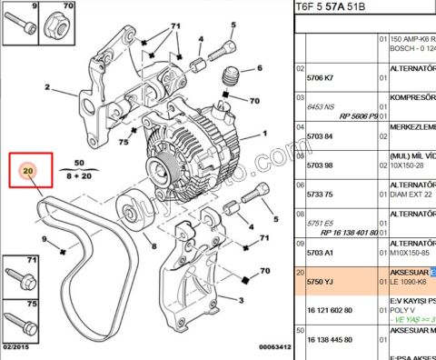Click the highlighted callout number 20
(x=27, y=171)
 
